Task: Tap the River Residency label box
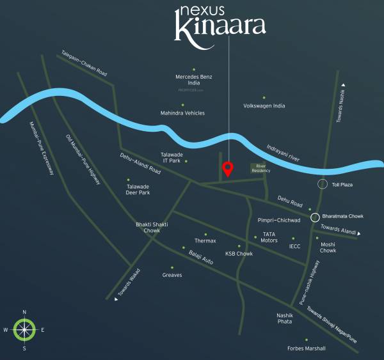(x=260, y=168)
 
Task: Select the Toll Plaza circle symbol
(x=324, y=185)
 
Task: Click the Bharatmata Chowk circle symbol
(x=315, y=217)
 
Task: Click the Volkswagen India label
(x=264, y=106)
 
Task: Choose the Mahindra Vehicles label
(x=182, y=113)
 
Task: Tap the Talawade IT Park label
(x=171, y=157)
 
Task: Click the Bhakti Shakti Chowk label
(x=147, y=227)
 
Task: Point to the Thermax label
(x=205, y=240)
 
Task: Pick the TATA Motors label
(x=269, y=237)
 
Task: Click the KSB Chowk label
(x=239, y=254)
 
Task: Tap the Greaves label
(x=172, y=275)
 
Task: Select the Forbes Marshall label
(x=307, y=348)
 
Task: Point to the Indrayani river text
(x=292, y=156)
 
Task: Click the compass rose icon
(x=24, y=330)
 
